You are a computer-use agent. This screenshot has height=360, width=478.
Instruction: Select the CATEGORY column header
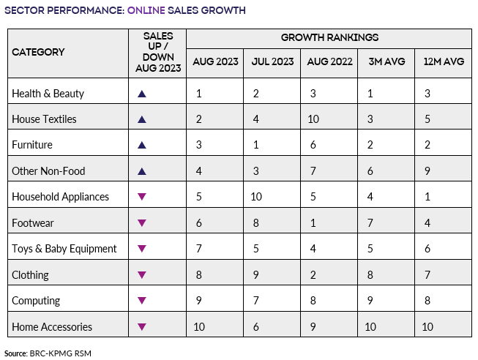[x=38, y=52]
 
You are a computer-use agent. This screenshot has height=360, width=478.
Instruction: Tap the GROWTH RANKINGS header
[x=329, y=37]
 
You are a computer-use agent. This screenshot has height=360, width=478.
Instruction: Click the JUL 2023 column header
[x=272, y=61]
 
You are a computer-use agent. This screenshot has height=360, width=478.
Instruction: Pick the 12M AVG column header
[x=444, y=61]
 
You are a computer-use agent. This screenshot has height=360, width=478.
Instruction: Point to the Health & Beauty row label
[x=48, y=93]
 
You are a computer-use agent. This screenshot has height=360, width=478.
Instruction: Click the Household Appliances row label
[x=61, y=197]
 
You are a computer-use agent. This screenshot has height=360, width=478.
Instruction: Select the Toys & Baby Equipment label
[x=64, y=249]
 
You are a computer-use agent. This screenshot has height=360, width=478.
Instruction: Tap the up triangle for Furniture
[x=142, y=145]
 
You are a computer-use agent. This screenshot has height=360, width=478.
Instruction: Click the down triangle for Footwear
[x=142, y=223]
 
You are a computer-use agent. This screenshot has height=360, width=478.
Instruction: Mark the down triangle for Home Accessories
[x=142, y=327]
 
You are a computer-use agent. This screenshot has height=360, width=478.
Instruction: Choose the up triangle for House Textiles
[x=142, y=119]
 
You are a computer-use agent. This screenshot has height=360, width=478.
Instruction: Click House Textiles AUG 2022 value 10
[x=313, y=119]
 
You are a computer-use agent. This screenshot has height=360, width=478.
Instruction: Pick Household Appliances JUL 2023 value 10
[x=256, y=197]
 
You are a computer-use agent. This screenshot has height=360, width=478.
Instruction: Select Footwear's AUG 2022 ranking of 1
[x=313, y=222]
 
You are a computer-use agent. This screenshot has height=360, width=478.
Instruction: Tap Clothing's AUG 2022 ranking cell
[x=313, y=274]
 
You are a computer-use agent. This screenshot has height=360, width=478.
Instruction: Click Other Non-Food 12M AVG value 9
[x=427, y=171]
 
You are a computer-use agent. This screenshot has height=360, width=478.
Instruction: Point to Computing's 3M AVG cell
[x=370, y=301]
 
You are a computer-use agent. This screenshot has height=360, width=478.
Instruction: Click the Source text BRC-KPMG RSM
[x=60, y=353]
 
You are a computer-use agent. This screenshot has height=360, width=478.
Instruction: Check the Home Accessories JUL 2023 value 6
[x=256, y=326]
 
